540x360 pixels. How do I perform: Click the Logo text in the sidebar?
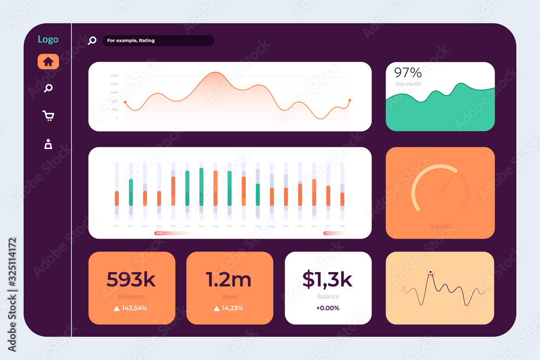[48, 39]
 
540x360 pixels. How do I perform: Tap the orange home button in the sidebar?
[48, 62]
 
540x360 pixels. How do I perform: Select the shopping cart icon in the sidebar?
[48, 116]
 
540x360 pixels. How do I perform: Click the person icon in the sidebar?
[48, 144]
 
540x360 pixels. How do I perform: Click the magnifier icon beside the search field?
[92, 40]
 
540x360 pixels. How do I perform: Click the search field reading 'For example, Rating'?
[158, 40]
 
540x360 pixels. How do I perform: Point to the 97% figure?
[408, 73]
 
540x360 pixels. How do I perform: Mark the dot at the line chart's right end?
[349, 100]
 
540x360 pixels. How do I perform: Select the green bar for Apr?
[201, 186]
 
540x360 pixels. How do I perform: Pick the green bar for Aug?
[258, 194]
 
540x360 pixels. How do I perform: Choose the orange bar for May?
[215, 188]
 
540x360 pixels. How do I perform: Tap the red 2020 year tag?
[159, 233]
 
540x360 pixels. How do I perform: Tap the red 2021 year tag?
[328, 233]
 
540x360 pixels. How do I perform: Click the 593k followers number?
[131, 280]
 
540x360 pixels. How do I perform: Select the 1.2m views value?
[228, 280]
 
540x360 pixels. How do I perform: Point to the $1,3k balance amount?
[327, 280]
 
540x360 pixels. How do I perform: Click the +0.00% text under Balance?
[328, 308]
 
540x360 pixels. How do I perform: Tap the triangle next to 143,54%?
[116, 308]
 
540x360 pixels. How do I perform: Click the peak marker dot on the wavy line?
[430, 272]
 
